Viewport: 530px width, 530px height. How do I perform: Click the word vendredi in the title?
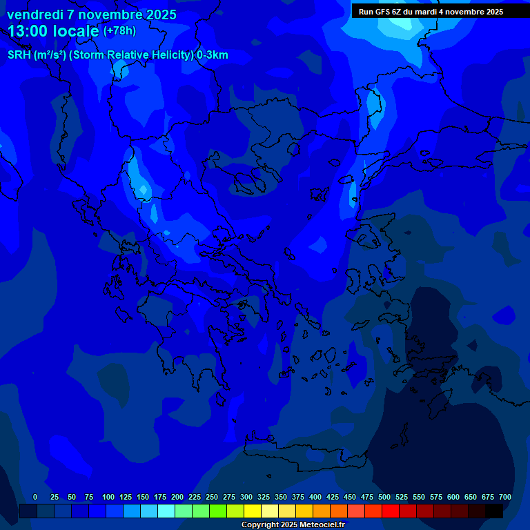[x=34, y=14]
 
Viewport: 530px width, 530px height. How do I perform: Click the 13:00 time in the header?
[x=28, y=31]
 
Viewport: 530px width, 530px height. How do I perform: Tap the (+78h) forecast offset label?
[x=119, y=31]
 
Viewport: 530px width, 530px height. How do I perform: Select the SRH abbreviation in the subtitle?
[x=18, y=55]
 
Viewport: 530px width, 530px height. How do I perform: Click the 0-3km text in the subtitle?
[x=212, y=55]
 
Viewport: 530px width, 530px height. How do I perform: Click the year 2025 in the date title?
[x=160, y=14]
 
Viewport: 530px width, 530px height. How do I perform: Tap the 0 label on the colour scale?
[x=35, y=497]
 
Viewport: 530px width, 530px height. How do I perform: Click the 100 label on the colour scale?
[x=108, y=497]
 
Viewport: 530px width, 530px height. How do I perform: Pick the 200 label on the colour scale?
[x=177, y=497]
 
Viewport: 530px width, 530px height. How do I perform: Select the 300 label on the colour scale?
[x=246, y=497]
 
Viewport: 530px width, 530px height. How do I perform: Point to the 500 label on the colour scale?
[x=384, y=497]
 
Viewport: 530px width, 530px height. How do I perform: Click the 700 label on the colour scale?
[x=505, y=497]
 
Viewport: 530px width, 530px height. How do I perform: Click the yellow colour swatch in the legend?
[x=253, y=511]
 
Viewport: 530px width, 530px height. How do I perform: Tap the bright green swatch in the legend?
[x=218, y=511]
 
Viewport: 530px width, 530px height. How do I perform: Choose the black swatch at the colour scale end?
[x=494, y=511]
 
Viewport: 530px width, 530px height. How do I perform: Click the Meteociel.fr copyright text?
[x=293, y=524]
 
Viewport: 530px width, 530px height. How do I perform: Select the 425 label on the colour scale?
[x=333, y=497]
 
